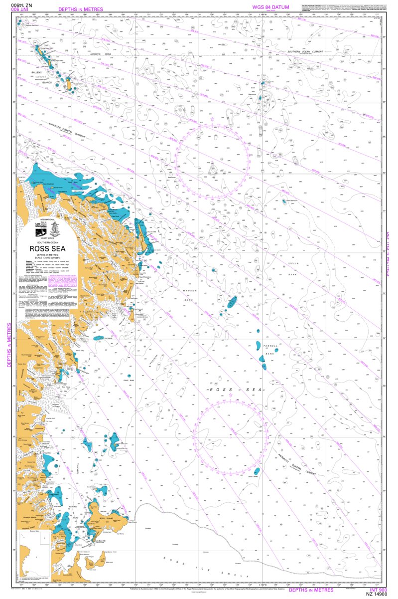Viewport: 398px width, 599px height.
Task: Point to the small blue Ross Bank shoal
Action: [x=257, y=471]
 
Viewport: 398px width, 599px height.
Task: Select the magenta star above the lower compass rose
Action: [x=230, y=396]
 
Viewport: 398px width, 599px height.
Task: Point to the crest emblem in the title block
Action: [x=56, y=225]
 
